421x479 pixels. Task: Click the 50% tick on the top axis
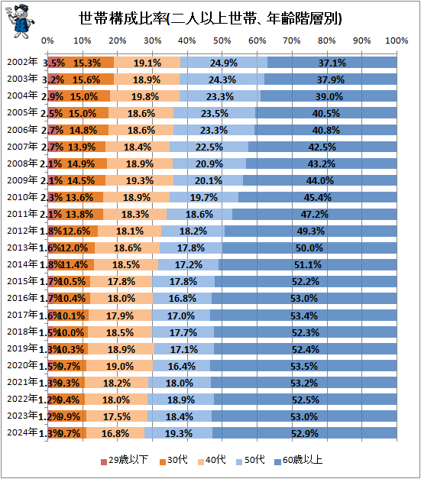[x=222, y=40]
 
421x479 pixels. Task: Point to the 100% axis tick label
[x=395, y=40]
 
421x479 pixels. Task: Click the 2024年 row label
[x=21, y=433]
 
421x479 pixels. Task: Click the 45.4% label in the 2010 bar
[x=317, y=198]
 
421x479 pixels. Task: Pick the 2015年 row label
[x=21, y=282]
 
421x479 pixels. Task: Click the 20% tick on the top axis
[x=117, y=40]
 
